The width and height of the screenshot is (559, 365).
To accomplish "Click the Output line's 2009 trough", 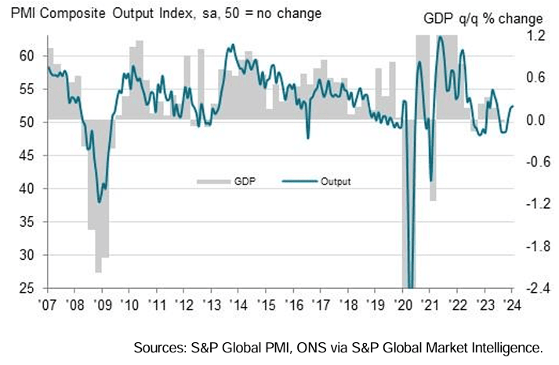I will tap(99, 202).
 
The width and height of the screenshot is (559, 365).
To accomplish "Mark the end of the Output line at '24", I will tap(513, 106).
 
